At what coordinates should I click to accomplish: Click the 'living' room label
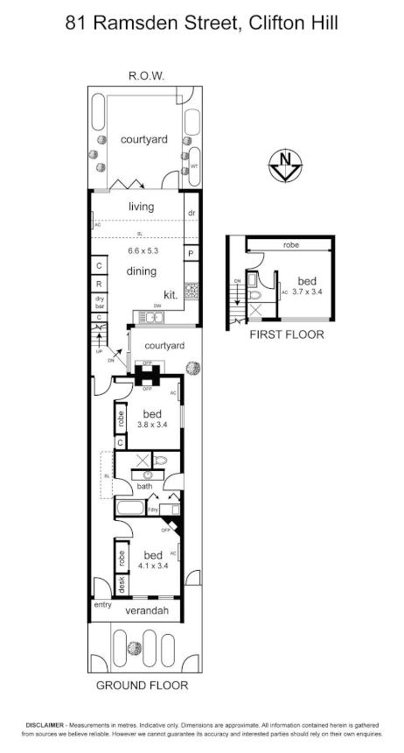click(141, 208)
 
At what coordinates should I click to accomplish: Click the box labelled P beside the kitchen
click(190, 253)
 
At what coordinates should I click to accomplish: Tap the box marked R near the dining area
click(100, 284)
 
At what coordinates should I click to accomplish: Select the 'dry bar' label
click(100, 302)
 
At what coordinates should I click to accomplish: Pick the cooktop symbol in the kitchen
click(190, 292)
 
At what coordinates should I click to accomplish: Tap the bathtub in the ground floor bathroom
click(131, 509)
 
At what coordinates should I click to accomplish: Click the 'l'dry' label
click(154, 509)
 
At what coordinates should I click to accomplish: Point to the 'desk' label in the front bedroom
click(121, 584)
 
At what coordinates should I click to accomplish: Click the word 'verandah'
click(146, 609)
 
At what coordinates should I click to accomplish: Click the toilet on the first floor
click(252, 281)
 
